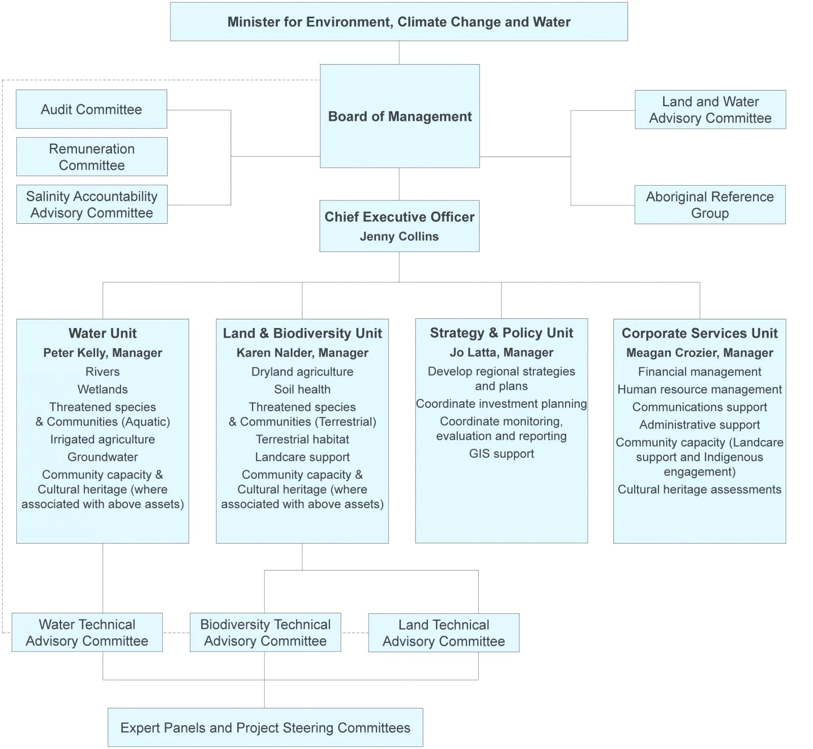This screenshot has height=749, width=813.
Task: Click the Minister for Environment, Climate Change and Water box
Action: (x=398, y=22)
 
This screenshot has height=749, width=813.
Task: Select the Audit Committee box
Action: (x=91, y=109)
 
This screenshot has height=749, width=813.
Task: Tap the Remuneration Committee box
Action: (x=91, y=157)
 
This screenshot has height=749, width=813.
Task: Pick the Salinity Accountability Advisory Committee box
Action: (x=91, y=204)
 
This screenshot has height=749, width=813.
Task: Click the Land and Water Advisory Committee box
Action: (x=710, y=110)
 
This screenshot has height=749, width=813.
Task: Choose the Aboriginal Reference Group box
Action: (x=709, y=204)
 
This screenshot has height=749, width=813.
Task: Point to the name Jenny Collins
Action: (x=399, y=236)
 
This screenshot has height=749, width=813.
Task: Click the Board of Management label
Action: (x=399, y=116)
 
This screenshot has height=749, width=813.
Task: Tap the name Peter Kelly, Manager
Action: (x=103, y=353)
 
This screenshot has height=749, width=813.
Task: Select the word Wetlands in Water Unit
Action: (x=103, y=390)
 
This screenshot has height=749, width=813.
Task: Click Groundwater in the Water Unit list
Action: (x=103, y=457)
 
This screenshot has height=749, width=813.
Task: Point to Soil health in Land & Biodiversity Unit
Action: (x=302, y=390)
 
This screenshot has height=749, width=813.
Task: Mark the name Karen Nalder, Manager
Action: (x=302, y=353)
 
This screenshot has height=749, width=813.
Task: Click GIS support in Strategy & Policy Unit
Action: (x=502, y=454)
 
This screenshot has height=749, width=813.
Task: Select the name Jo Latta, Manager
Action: (x=502, y=352)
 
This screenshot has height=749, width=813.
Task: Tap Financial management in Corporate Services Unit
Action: (x=699, y=372)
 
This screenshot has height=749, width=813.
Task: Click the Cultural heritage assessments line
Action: (x=699, y=490)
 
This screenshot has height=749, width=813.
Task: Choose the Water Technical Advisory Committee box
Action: (x=87, y=633)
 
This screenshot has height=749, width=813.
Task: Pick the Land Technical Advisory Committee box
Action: (x=444, y=633)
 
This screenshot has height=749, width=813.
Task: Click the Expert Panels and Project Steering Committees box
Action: (x=265, y=728)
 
